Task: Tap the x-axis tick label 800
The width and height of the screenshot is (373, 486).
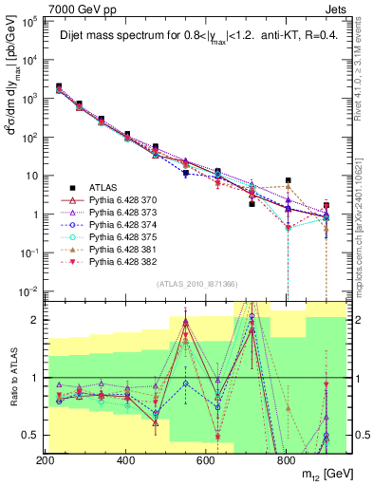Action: pyautogui.click(x=286, y=461)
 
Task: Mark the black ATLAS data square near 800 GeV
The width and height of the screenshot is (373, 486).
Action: pyautogui.click(x=288, y=180)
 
